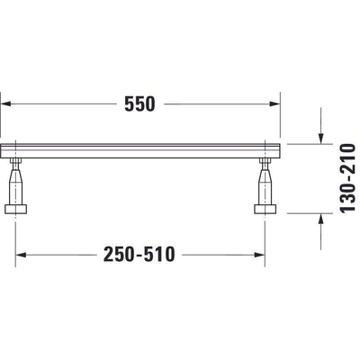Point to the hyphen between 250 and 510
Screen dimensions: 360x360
tap(141, 256)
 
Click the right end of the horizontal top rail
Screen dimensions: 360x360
tap(279, 148)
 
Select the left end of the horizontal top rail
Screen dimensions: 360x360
tap(4, 148)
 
